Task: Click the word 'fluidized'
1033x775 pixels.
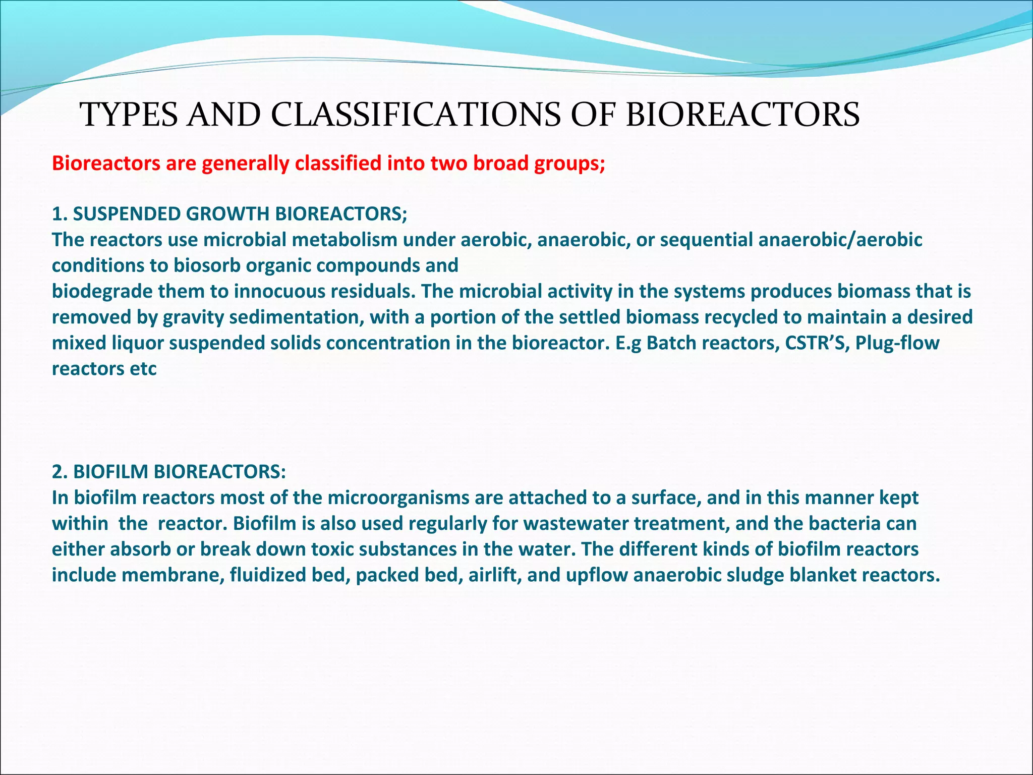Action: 268,575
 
